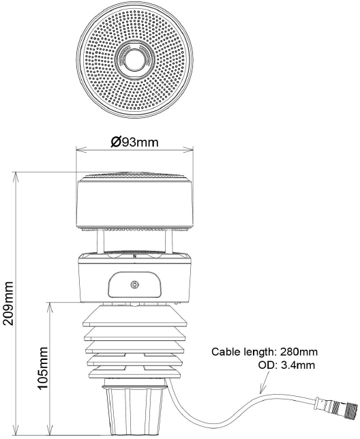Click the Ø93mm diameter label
click(134, 142)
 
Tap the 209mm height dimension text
click(7, 303)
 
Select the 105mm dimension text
click(42, 368)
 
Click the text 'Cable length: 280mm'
click(265, 352)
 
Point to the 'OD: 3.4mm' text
click(286, 365)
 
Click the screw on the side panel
click(134, 285)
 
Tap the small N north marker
click(134, 256)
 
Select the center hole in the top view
click(134, 59)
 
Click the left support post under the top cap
click(100, 241)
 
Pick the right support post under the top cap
click(169, 241)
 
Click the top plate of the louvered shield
click(134, 315)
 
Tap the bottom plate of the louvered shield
click(134, 374)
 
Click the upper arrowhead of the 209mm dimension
click(16, 177)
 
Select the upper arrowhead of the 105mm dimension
click(50, 307)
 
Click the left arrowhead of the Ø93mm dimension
click(82, 150)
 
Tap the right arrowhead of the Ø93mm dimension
click(187, 150)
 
